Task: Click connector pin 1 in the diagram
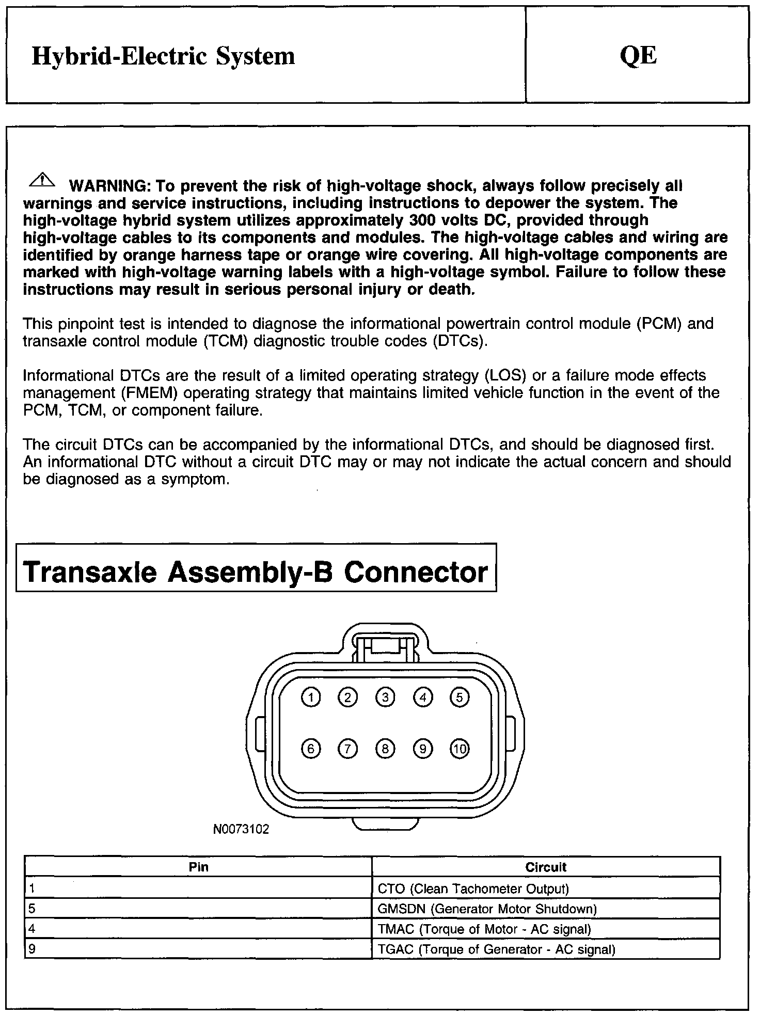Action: pyautogui.click(x=311, y=697)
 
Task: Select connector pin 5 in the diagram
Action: pyautogui.click(x=460, y=697)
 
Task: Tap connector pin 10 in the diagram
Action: pyautogui.click(x=460, y=749)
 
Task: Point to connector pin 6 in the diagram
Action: pyautogui.click(x=311, y=749)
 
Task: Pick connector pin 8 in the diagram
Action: pyautogui.click(x=385, y=749)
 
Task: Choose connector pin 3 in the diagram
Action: pyautogui.click(x=385, y=697)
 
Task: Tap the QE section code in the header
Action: pyautogui.click(x=638, y=56)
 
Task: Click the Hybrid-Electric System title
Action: pyautogui.click(x=163, y=56)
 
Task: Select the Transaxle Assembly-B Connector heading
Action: pyautogui.click(x=256, y=572)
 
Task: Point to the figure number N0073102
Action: pyautogui.click(x=241, y=829)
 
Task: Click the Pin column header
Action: pyautogui.click(x=198, y=867)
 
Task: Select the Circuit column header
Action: pyautogui.click(x=546, y=867)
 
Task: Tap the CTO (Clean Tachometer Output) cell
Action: pyautogui.click(x=473, y=889)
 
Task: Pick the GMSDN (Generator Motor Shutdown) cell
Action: pyautogui.click(x=487, y=909)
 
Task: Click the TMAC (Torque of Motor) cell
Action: pyautogui.click(x=484, y=929)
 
